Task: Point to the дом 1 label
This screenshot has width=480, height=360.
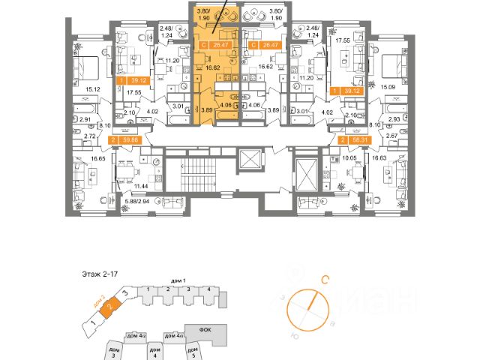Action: click(x=177, y=279)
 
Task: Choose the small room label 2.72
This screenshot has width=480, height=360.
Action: click(x=90, y=136)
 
